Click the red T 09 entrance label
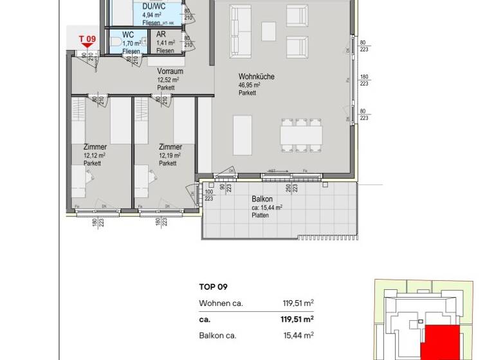(87, 39)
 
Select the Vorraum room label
(170, 71)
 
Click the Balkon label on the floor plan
(262, 199)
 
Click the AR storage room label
(162, 34)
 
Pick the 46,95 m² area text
(249, 85)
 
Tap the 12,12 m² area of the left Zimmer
(95, 155)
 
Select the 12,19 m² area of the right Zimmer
(170, 155)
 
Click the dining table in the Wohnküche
(300, 133)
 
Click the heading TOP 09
(214, 287)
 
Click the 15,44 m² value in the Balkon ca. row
(298, 335)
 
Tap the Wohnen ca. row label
(221, 303)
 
